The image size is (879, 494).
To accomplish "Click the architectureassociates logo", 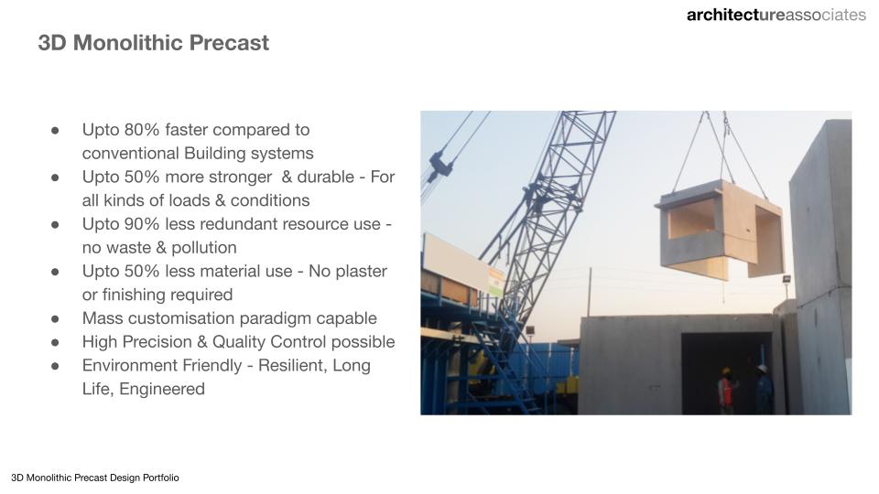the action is [776, 16].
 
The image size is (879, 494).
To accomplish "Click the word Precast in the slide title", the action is [229, 43].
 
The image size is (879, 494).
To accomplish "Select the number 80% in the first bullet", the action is [143, 129].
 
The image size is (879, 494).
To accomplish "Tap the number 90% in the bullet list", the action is [143, 223].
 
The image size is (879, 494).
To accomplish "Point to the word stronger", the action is [240, 177].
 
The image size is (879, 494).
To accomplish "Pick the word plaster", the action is [363, 272].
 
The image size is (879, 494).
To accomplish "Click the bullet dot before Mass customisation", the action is [55, 319].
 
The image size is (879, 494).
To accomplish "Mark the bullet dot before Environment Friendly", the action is [55, 366].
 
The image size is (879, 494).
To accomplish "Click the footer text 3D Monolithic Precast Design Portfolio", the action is [95, 478].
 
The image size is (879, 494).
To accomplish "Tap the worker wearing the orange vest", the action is [726, 391].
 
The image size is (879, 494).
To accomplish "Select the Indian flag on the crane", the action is [495, 283].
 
